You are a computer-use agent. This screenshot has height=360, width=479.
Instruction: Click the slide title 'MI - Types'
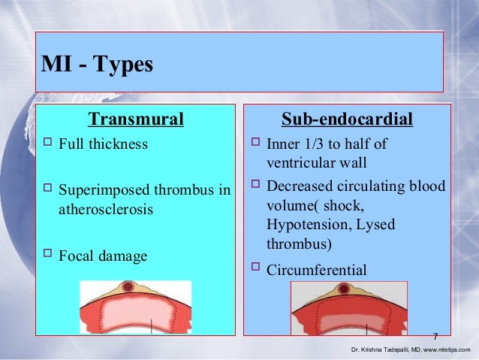pyautogui.click(x=96, y=65)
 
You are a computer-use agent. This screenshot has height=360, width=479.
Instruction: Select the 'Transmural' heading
pyautogui.click(x=136, y=119)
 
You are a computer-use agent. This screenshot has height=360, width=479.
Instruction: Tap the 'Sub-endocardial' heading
pyautogui.click(x=347, y=119)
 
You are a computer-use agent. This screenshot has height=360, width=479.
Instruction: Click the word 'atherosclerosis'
pyautogui.click(x=105, y=209)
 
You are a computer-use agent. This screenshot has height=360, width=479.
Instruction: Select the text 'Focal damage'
pyautogui.click(x=102, y=256)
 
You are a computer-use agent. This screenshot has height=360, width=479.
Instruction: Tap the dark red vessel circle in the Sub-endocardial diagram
pyautogui.click(x=344, y=289)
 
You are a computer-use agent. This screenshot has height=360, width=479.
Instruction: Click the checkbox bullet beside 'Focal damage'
pyautogui.click(x=47, y=256)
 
